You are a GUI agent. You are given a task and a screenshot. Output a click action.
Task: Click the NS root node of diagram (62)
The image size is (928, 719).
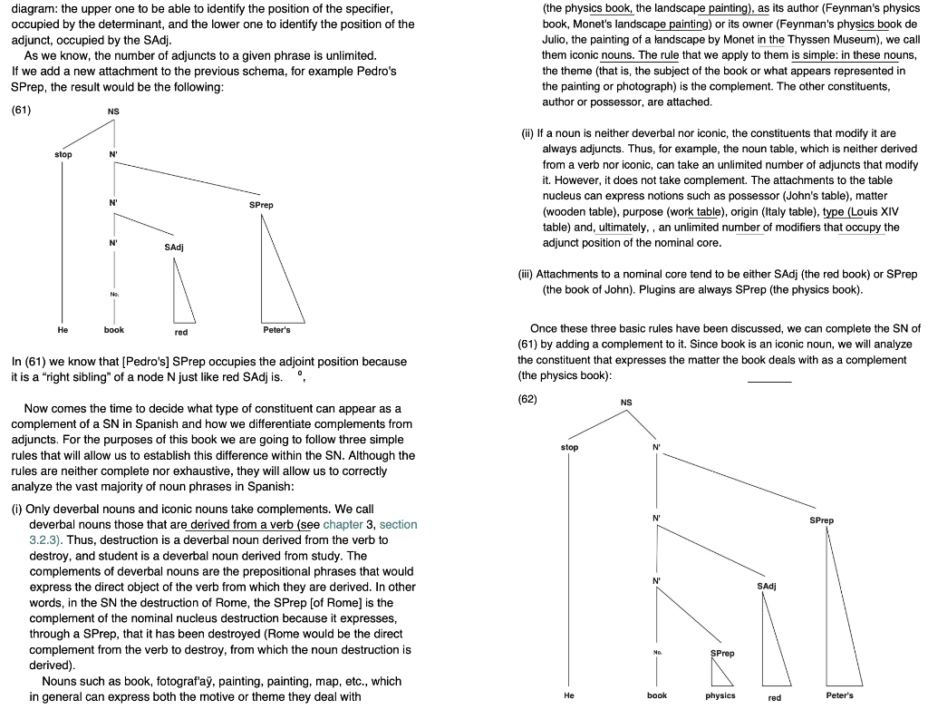[x=625, y=402]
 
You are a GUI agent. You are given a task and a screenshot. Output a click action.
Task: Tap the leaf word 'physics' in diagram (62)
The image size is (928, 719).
[x=720, y=695]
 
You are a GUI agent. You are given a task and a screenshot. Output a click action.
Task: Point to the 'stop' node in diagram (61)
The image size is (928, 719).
[x=63, y=155]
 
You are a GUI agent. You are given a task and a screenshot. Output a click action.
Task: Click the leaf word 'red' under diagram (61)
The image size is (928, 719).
[x=181, y=331]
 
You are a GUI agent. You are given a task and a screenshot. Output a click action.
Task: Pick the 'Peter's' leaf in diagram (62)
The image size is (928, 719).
[x=839, y=695]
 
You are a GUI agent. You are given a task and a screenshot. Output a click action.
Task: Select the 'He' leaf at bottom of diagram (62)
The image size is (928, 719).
[x=568, y=695]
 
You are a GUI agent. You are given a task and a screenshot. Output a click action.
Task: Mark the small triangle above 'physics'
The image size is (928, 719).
[x=721, y=673]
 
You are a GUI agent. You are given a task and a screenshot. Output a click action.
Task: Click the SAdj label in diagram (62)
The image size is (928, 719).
[x=765, y=587]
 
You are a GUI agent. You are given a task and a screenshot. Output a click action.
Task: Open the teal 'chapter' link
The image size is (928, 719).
[x=343, y=525]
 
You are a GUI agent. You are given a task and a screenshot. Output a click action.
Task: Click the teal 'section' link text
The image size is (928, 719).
[x=398, y=525]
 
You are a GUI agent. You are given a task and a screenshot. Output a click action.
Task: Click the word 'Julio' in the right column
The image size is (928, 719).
[x=556, y=39]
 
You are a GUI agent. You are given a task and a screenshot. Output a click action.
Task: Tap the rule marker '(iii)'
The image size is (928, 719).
[x=526, y=274]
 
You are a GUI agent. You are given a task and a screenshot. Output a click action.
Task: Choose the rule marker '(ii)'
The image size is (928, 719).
[x=528, y=133]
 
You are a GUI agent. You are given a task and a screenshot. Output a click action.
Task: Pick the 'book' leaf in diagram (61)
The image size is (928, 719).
[x=114, y=331]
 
